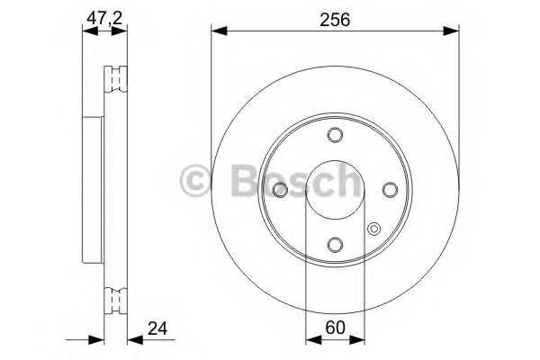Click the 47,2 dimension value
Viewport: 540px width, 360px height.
(101, 16)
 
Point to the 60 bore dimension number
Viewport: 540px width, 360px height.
(335, 328)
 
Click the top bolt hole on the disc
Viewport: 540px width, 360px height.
(335, 135)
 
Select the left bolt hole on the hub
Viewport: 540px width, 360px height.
(280, 190)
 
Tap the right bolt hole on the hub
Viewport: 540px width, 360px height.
(390, 190)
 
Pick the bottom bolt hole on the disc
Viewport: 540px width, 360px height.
(335, 245)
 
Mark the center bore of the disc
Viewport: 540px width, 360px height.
(335, 190)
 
